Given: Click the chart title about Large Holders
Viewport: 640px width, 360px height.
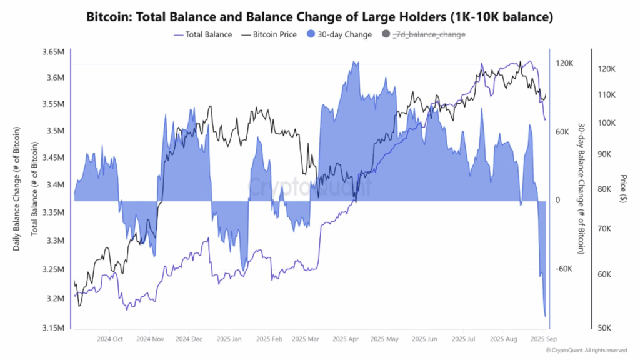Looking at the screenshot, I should tap(319, 17).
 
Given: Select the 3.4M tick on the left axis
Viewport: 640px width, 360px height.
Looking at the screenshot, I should tap(52, 185).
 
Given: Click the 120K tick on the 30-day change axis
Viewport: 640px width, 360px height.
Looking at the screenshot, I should tap(565, 63).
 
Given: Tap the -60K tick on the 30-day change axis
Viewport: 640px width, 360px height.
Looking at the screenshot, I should tap(565, 269).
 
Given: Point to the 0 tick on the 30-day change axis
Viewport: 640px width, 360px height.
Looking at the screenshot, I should tap(559, 201).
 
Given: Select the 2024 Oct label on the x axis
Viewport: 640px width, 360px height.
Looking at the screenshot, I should tap(109, 339).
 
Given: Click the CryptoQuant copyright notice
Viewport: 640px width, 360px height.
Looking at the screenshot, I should tap(586, 351).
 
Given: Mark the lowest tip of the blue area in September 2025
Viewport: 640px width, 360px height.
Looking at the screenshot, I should tap(546, 316).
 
